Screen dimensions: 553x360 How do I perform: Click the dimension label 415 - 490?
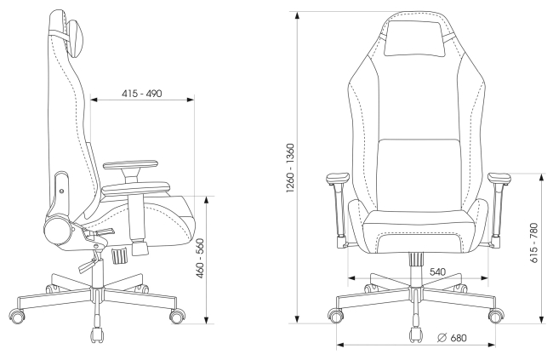tap(142, 94)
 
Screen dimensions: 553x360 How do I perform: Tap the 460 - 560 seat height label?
tap(200, 259)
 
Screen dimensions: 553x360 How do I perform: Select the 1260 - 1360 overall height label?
tap(290, 168)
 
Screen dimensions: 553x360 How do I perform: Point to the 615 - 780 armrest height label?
tap(534, 243)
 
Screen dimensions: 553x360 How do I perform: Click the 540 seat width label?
tap(437, 272)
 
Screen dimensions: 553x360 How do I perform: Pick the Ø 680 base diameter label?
tap(452, 338)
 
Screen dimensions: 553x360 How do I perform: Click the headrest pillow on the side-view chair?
tap(76, 39)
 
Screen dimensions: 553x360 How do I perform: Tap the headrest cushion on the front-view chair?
tap(415, 38)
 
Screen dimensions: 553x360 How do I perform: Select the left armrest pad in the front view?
tap(338, 179)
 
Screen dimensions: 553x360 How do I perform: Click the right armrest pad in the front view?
tap(499, 178)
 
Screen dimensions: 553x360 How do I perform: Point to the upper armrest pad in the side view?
tap(130, 164)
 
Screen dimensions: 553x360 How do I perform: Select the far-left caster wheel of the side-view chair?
tap(16, 315)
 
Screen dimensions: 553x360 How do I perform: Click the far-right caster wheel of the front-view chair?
tap(497, 315)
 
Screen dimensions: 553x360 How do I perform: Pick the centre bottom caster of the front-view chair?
tap(416, 334)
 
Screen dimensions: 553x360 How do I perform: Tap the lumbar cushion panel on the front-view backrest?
tap(419, 174)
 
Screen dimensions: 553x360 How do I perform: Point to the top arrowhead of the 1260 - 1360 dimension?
tap(298, 15)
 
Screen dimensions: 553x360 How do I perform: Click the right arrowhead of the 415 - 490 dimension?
tap(190, 100)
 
